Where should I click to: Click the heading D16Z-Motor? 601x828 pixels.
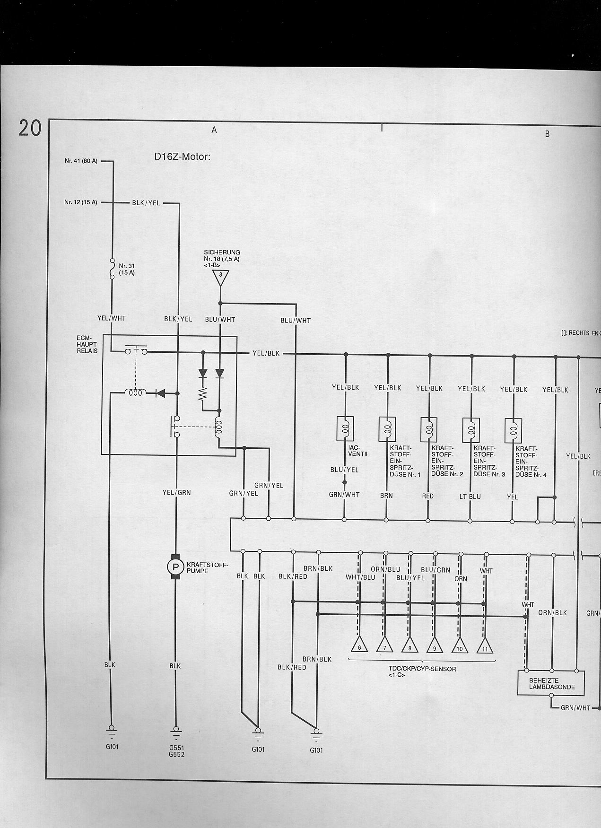coord(182,157)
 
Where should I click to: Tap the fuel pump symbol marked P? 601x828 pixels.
coord(175,567)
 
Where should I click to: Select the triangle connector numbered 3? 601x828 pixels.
coord(220,277)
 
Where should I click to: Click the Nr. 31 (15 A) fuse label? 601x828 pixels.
coord(127,269)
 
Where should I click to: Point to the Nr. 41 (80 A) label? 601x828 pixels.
coord(81,161)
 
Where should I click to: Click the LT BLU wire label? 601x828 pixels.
coord(470,497)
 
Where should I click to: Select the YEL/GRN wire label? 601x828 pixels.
coord(176,492)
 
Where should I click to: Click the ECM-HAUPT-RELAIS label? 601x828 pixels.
coord(87,345)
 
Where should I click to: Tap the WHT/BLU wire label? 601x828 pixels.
coord(360,577)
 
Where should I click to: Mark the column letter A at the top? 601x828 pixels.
coord(214,130)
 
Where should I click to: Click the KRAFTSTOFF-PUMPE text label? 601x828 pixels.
coord(207,567)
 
